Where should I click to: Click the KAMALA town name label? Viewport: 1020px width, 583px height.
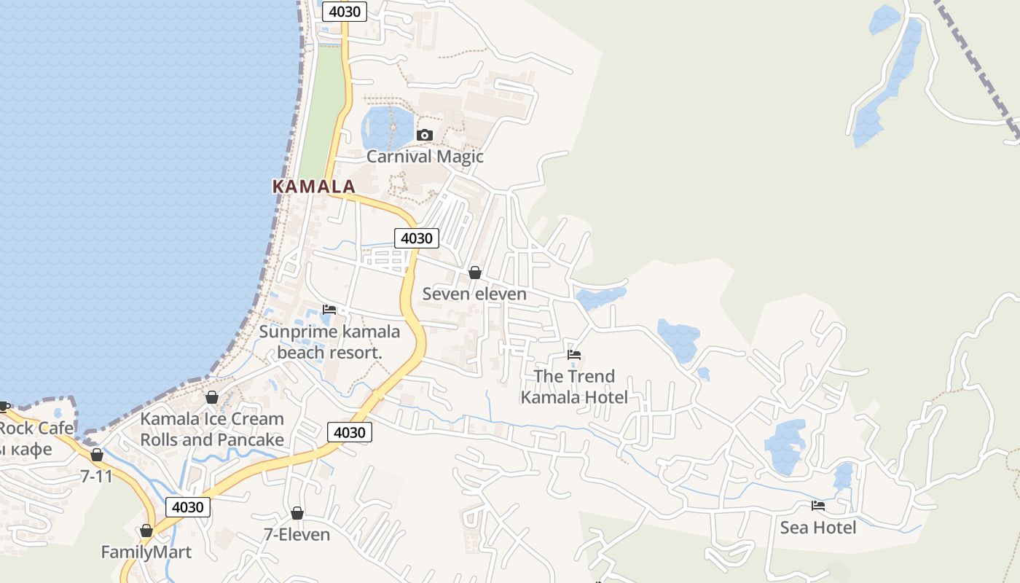[313, 187]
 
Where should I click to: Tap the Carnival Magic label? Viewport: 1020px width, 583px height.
[425, 156]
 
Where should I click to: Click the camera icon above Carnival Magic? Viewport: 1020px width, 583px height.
[425, 135]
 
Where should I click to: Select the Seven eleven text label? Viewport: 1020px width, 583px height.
[474, 294]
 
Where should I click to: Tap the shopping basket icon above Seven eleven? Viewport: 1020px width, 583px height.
[475, 273]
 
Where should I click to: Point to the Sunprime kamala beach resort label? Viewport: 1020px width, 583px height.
[330, 342]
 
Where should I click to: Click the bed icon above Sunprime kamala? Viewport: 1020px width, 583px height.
[329, 310]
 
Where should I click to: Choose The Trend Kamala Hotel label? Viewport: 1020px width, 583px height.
[574, 386]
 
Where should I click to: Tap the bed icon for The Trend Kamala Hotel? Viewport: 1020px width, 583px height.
[574, 355]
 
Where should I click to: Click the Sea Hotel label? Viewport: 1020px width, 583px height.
[818, 527]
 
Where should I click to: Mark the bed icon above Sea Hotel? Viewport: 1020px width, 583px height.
[818, 506]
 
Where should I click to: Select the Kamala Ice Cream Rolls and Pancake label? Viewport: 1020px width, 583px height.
[212, 429]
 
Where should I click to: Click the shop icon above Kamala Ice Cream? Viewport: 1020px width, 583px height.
[212, 397]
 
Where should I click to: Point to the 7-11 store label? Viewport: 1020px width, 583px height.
[97, 476]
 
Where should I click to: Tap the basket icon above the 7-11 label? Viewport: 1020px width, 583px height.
[97, 455]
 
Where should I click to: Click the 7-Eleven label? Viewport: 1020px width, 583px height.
[297, 534]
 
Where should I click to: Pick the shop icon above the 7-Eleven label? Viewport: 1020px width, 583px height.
[297, 513]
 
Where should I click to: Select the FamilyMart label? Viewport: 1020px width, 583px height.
[146, 552]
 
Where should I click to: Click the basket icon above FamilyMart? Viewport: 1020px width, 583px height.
[146, 531]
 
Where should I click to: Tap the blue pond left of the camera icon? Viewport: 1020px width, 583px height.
[387, 128]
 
